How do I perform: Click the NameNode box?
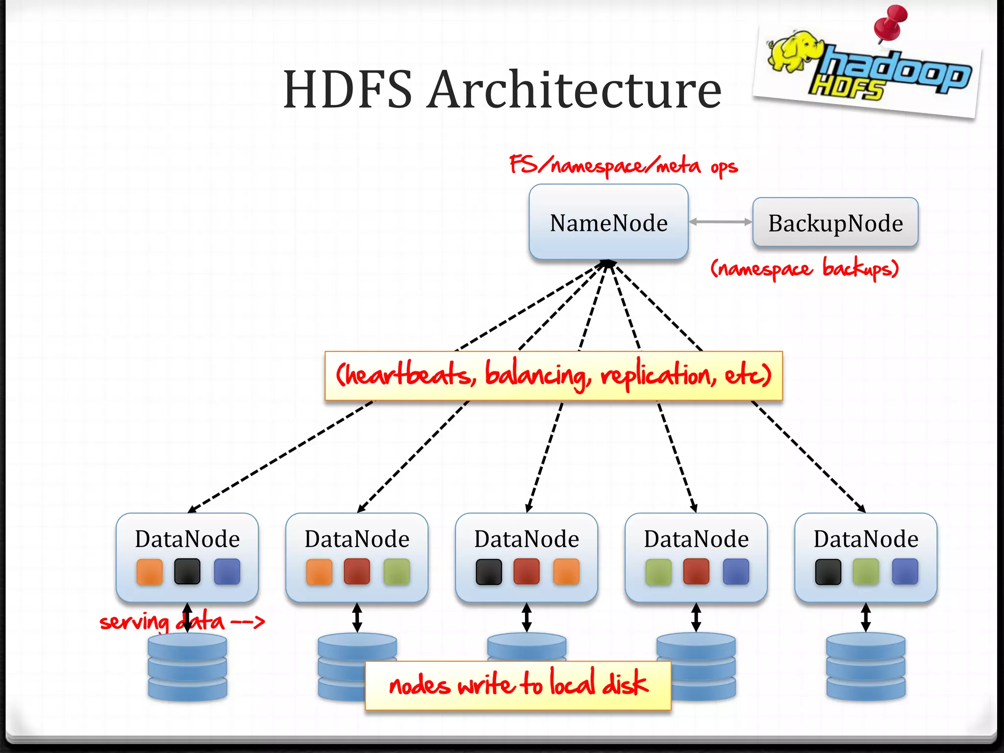pyautogui.click(x=608, y=222)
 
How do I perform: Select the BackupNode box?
pyautogui.click(x=835, y=223)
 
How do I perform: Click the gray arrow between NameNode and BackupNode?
pyautogui.click(x=720, y=222)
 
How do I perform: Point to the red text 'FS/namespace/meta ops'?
pyautogui.click(x=623, y=166)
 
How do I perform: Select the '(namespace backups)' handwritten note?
pyautogui.click(x=804, y=268)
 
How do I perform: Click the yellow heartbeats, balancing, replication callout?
pyautogui.click(x=553, y=376)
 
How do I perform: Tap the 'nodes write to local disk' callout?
pyautogui.click(x=518, y=685)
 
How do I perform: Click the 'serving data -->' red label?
pyautogui.click(x=181, y=622)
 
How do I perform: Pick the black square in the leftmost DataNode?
pyautogui.click(x=187, y=572)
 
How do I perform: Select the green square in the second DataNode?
pyautogui.click(x=397, y=572)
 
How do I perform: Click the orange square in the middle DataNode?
pyautogui.click(x=566, y=572)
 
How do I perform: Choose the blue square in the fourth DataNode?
pyautogui.click(x=736, y=572)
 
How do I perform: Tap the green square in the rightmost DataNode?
pyautogui.click(x=866, y=572)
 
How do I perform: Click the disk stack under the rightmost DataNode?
pyautogui.click(x=866, y=667)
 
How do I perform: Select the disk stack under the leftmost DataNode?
pyautogui.click(x=187, y=667)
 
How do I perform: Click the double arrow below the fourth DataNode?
pyautogui.click(x=696, y=617)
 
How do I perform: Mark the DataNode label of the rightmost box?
pyautogui.click(x=866, y=539)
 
